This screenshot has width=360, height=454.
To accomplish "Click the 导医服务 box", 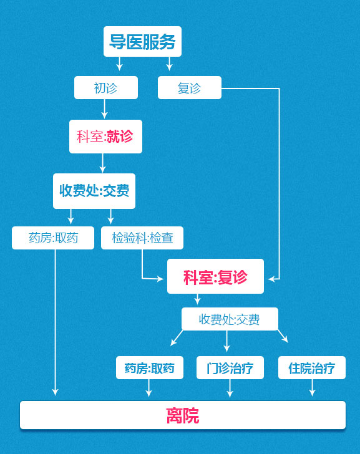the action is [x=142, y=41].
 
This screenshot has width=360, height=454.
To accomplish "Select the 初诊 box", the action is [x=106, y=87].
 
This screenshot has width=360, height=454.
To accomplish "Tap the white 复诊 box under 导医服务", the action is [x=190, y=87].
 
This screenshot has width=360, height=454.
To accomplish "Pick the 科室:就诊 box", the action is [x=105, y=137].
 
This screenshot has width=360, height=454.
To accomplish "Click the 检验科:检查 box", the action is [x=142, y=238].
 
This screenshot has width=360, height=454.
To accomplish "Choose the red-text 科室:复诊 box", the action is [x=215, y=276].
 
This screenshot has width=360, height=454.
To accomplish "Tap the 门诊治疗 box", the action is [x=230, y=367].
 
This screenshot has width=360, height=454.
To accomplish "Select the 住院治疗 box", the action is [x=312, y=367].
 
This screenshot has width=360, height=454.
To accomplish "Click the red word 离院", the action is [x=183, y=415].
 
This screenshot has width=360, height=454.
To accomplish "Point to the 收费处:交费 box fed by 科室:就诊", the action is [x=94, y=191].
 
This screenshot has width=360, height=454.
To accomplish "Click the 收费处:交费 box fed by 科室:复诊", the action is [x=230, y=319].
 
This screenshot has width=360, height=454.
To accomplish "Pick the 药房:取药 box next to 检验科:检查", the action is [x=53, y=238].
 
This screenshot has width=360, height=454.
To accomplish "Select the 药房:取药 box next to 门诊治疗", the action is [x=150, y=367].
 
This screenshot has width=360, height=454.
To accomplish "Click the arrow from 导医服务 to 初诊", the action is [x=119, y=64].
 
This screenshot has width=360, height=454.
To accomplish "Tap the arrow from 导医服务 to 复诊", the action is [x=170, y=64].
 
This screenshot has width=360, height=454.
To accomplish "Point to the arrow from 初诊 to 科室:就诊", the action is [x=104, y=109].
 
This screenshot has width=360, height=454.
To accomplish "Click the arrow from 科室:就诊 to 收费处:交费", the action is [x=102, y=163].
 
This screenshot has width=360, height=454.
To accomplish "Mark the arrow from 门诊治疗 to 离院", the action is [x=230, y=388].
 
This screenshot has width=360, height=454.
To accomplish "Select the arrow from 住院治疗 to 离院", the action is [x=312, y=388].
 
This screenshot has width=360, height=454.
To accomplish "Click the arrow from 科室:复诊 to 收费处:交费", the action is [x=197, y=299].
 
